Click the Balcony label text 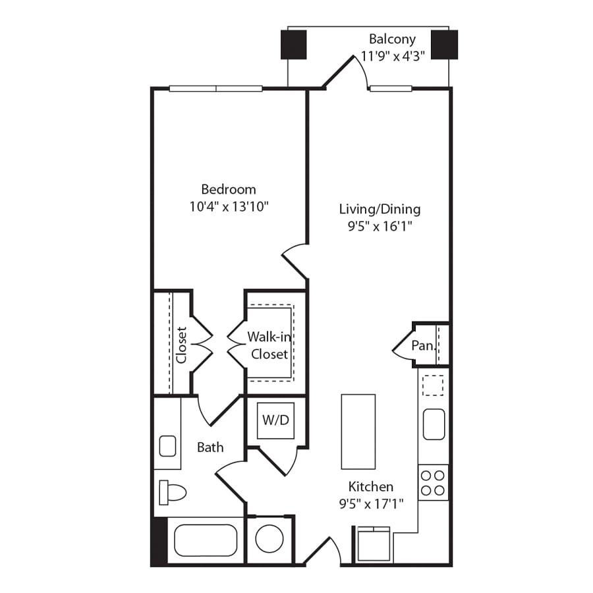(392, 40)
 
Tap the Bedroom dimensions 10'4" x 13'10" (229, 206)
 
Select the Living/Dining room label (380, 210)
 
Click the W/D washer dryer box (275, 420)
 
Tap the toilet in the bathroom (173, 492)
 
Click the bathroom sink (168, 446)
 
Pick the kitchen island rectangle (358, 432)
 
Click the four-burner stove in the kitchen (433, 482)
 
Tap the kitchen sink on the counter (434, 424)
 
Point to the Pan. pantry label (422, 345)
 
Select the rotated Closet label (181, 345)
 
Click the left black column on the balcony (294, 44)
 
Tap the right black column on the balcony (444, 44)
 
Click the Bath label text (210, 447)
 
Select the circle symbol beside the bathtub (269, 539)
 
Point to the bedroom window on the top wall (215, 88)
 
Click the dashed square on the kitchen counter (433, 385)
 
